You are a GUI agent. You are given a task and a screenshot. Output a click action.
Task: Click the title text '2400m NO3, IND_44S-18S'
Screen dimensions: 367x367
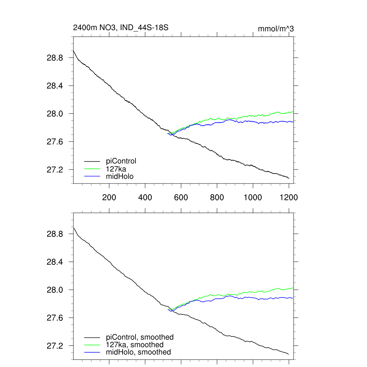pos(121,28)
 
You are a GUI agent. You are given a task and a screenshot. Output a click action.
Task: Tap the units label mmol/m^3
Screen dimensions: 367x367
pos(276,29)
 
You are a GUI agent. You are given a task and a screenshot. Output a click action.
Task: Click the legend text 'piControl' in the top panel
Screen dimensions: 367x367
pos(121,161)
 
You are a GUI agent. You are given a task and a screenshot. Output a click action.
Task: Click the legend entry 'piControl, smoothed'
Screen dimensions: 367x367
pos(140,337)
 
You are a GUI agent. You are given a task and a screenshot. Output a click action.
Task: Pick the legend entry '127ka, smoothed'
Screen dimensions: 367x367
pos(135,344)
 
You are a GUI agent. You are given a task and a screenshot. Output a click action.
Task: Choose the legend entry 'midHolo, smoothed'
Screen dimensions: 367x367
pos(138,352)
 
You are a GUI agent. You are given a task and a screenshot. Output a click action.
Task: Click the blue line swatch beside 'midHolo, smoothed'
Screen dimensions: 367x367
pos(92,352)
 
